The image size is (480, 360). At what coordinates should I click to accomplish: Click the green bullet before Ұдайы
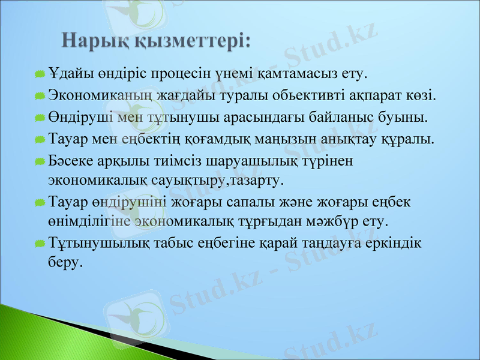(40, 74)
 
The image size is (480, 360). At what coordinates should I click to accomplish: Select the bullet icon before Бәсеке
(40, 161)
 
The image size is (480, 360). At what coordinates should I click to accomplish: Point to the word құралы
(410, 139)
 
